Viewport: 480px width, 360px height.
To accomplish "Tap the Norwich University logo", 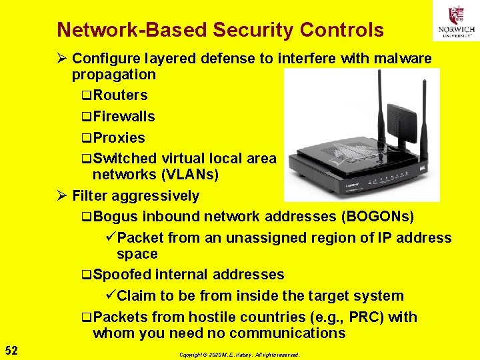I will (x=456, y=21).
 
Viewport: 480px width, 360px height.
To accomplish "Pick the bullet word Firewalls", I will (x=124, y=117).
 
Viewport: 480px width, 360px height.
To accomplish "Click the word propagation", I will (x=113, y=75).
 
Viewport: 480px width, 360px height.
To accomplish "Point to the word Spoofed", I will (x=123, y=275).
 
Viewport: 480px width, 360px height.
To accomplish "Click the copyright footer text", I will (x=239, y=355).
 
